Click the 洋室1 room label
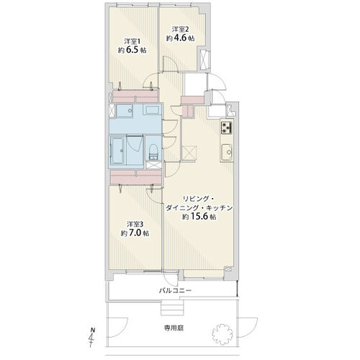[x=132, y=41]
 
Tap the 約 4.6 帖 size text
[x=180, y=37]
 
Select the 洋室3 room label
[x=135, y=224]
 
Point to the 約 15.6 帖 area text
[x=199, y=217]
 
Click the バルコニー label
[x=175, y=291]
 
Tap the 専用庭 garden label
[x=174, y=328]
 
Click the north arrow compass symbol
[x=91, y=337]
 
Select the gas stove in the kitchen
[x=227, y=127]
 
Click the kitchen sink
[x=227, y=152]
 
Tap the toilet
[x=153, y=152]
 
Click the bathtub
[x=117, y=150]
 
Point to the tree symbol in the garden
[x=222, y=334]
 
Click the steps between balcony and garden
[x=172, y=307]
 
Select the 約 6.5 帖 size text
[x=132, y=50]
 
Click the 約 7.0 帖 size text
[x=135, y=233]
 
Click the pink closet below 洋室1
[x=135, y=96]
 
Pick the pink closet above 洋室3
[x=136, y=177]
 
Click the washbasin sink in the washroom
[x=125, y=111]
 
